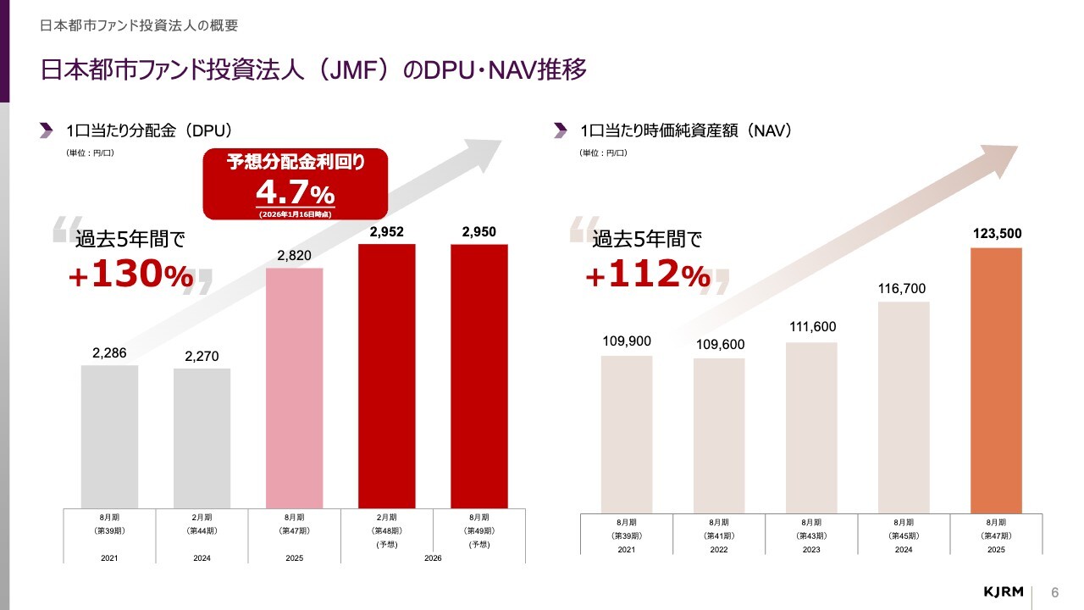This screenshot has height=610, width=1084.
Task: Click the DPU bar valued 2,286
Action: click(110, 436)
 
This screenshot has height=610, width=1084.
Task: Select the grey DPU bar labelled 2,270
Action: click(202, 438)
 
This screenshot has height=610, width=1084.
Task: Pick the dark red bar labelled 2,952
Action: click(387, 376)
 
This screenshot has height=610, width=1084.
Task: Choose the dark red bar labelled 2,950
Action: click(479, 376)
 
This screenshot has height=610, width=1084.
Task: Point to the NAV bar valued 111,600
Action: click(811, 427)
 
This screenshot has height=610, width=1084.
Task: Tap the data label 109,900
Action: click(627, 341)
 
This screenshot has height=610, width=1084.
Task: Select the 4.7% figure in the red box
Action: click(295, 191)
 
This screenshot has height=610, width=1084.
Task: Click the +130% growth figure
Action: click(131, 275)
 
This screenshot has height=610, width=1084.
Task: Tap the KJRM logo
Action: click(1004, 591)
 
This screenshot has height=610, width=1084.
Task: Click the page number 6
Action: click(1055, 591)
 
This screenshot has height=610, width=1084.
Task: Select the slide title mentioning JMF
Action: click(313, 69)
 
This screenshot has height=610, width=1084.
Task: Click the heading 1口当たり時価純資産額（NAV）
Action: click(685, 130)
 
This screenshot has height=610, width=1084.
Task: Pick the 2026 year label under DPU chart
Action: click(433, 557)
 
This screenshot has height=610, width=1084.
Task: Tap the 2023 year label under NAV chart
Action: click(811, 549)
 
